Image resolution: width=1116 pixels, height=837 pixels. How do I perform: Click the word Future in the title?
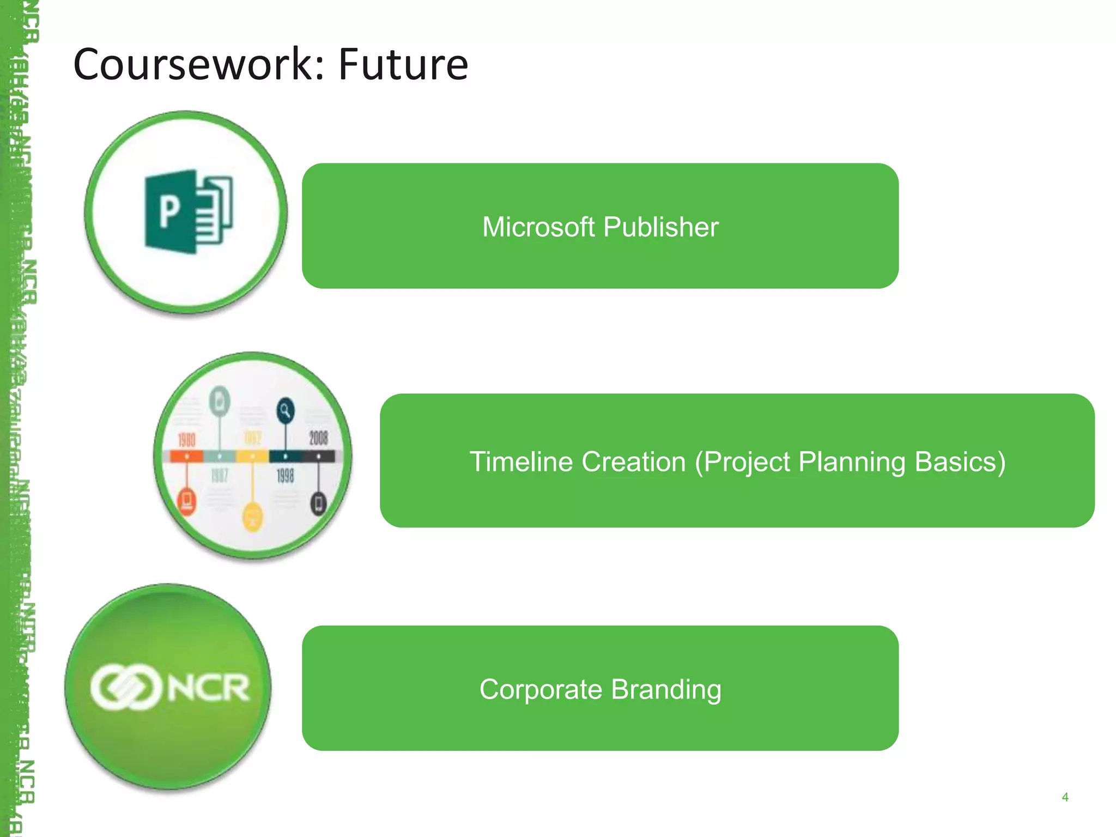(403, 64)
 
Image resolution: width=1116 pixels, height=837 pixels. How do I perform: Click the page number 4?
(1065, 797)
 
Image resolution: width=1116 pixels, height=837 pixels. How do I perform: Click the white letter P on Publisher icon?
(169, 211)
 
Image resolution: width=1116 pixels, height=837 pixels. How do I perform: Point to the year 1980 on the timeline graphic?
(187, 439)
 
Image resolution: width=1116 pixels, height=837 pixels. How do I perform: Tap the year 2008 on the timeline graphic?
(318, 438)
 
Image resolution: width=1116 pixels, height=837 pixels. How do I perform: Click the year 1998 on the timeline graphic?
(285, 476)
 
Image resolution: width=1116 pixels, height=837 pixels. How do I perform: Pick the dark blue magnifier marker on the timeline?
(285, 410)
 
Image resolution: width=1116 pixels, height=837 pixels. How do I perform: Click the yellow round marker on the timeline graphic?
(252, 516)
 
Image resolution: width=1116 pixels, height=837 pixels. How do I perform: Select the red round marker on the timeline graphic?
(186, 500)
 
